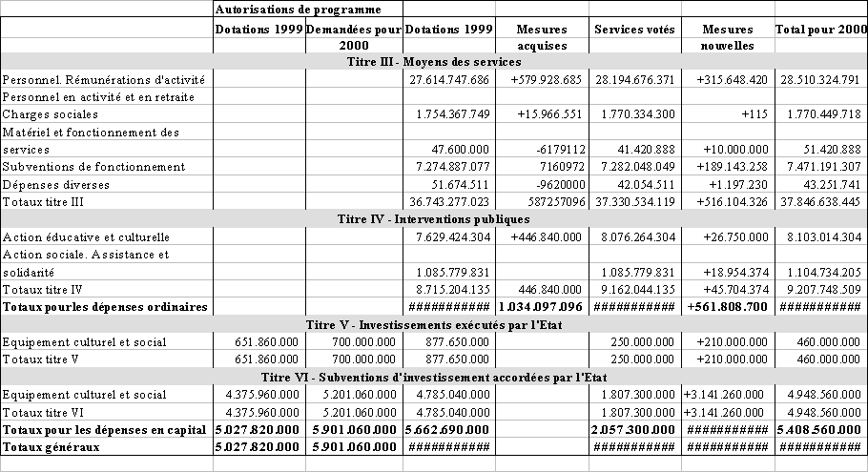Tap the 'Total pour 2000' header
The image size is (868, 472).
pos(820,30)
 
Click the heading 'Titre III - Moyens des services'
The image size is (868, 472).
pos(434,62)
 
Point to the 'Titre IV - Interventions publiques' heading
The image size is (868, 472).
pos(434,219)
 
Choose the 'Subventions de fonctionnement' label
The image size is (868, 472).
pos(93,167)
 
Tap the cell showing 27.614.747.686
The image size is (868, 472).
pos(447,79)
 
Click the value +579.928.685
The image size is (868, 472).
pos(540,79)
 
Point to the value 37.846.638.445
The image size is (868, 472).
pos(819,202)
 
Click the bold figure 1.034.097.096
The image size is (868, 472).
pos(541,307)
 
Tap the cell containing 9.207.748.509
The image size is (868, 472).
pos(819,290)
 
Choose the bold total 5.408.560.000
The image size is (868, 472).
pos(819,429)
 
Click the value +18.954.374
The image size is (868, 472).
pos(728,272)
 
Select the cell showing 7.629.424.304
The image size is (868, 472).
pos(447,236)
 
